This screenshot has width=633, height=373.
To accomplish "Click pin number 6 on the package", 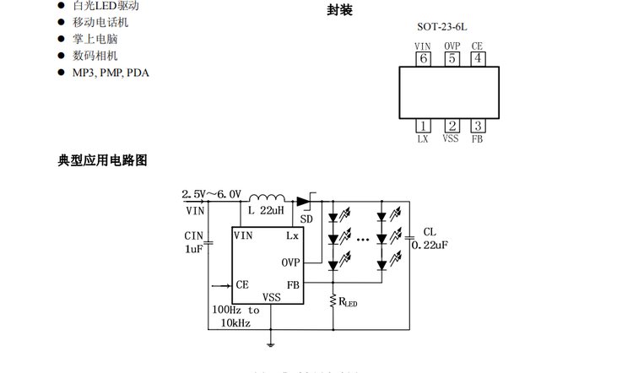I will pyautogui.click(x=423, y=58).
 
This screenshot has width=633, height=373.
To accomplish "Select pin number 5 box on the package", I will pyautogui.click(x=452, y=58).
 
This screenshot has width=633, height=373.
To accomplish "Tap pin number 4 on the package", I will pyautogui.click(x=478, y=58).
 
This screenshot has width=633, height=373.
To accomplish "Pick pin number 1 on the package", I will pyautogui.click(x=423, y=126).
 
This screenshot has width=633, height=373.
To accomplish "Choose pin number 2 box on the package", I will pyautogui.click(x=452, y=126).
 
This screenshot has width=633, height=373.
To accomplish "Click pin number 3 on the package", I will pyautogui.click(x=478, y=126).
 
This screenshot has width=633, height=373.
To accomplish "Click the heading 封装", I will pyautogui.click(x=339, y=10).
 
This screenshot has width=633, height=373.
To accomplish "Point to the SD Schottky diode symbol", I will pyautogui.click(x=303, y=201).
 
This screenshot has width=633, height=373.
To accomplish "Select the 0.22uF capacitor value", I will pyautogui.click(x=429, y=245).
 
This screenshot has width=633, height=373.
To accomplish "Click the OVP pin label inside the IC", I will pyautogui.click(x=290, y=262).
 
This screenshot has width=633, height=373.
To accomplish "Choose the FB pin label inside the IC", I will pyautogui.click(x=293, y=284).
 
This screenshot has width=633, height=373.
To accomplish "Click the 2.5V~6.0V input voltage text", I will pyautogui.click(x=212, y=194).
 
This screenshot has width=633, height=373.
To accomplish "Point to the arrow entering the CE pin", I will pyautogui.click(x=222, y=285).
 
